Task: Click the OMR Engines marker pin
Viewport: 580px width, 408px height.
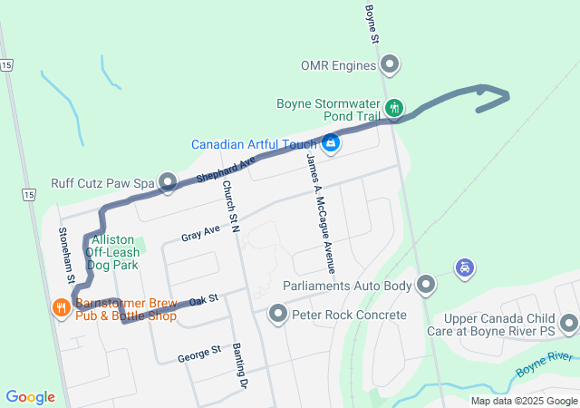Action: [x=391, y=65]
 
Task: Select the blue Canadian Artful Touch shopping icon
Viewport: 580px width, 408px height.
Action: [x=331, y=144]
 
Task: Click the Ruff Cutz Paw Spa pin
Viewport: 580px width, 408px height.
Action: [x=168, y=183]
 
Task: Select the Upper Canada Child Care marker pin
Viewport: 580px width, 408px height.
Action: [x=569, y=323]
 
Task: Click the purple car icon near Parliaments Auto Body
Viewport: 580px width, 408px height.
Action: [x=465, y=268]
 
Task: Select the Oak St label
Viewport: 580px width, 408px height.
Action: [x=204, y=298]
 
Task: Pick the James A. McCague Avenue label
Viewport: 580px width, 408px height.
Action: [x=321, y=212]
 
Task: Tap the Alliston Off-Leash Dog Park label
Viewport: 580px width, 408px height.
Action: [x=113, y=252]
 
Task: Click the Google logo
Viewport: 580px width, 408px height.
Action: [x=31, y=397]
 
